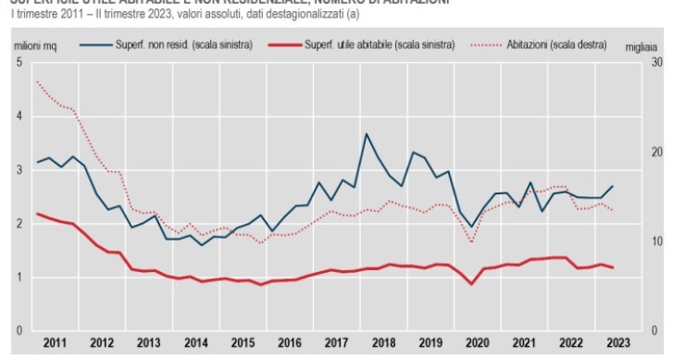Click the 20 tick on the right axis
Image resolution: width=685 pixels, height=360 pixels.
656,152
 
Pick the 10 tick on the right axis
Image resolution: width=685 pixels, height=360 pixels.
656,242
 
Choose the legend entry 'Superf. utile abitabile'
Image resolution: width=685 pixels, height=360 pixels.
379,43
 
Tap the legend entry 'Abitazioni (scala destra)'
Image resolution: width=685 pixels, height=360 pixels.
545,43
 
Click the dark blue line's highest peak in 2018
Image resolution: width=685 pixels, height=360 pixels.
367,134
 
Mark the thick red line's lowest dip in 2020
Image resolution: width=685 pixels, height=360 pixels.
471,283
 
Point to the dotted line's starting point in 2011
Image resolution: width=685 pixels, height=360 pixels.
37,81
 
